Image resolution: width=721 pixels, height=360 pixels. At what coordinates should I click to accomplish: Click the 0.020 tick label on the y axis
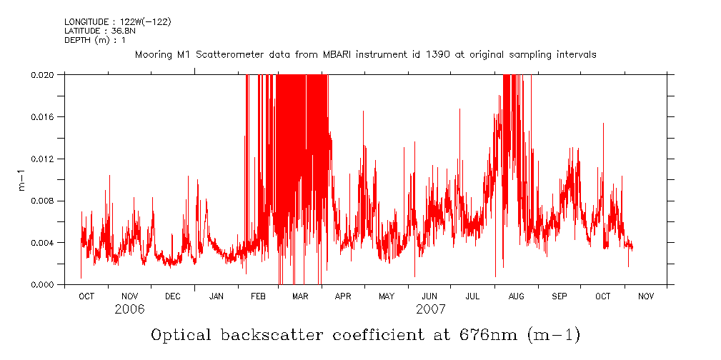pyautogui.click(x=43, y=74)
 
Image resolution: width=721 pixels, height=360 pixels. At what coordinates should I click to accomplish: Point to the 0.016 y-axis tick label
pyautogui.click(x=43, y=116)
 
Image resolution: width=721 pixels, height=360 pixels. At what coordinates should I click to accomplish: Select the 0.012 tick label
pyautogui.click(x=43, y=159)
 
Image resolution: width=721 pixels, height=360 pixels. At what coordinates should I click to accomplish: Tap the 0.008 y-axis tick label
pyautogui.click(x=43, y=201)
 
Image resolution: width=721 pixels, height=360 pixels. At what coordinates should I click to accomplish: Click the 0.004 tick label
pyautogui.click(x=43, y=243)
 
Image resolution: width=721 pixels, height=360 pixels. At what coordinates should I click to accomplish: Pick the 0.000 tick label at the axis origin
pyautogui.click(x=43, y=285)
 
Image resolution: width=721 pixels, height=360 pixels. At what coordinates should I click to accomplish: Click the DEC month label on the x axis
pyautogui.click(x=172, y=296)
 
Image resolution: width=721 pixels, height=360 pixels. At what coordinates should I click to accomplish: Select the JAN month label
pyautogui.click(x=217, y=296)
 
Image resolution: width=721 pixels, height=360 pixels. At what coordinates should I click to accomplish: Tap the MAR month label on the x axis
pyautogui.click(x=300, y=296)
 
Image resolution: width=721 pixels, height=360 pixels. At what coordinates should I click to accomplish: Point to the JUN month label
pyautogui.click(x=429, y=296)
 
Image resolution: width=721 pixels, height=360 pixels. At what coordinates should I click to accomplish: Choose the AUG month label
pyautogui.click(x=516, y=296)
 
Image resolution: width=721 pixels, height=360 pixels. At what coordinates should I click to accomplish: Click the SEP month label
pyautogui.click(x=560, y=296)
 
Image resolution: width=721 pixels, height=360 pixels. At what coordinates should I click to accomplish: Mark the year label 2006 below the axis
pyautogui.click(x=129, y=310)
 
